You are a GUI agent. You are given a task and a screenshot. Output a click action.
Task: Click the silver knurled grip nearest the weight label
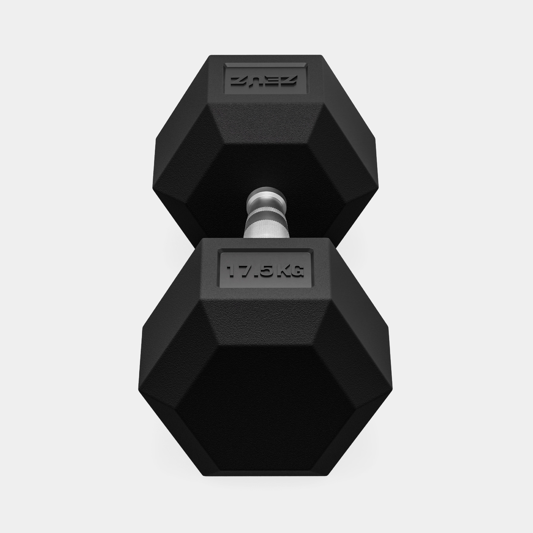point(265,229)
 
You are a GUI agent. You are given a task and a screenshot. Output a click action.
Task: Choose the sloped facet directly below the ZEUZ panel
point(265,124)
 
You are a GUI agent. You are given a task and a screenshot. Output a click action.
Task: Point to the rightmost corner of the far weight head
point(378,188)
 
